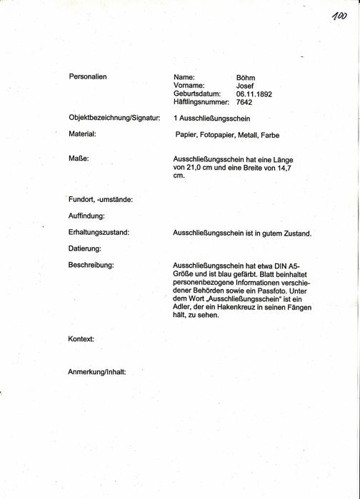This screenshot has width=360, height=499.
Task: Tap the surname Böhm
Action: [x=245, y=77]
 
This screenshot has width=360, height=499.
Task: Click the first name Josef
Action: [x=246, y=86]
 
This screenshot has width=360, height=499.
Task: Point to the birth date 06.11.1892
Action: [x=254, y=94]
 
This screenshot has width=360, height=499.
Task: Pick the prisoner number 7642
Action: [x=244, y=103]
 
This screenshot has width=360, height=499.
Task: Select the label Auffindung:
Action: [x=87, y=216]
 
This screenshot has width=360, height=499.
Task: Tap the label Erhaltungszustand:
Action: [x=99, y=232]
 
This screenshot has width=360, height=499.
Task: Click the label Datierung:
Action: [x=85, y=248]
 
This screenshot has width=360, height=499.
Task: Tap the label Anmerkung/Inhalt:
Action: [x=96, y=372]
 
